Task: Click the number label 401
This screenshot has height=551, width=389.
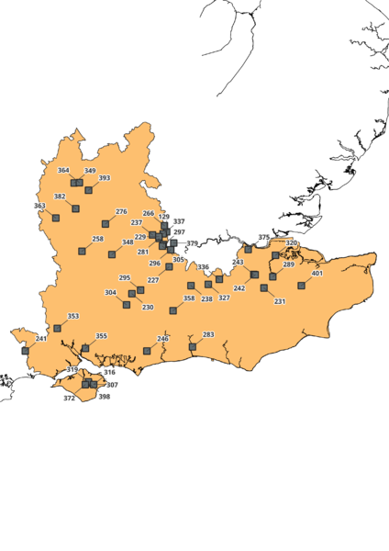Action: (317, 274)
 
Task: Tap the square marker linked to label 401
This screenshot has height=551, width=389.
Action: (301, 286)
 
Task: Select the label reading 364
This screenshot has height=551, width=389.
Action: (63, 171)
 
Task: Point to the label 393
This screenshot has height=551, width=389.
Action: (105, 178)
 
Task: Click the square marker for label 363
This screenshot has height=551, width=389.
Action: (56, 218)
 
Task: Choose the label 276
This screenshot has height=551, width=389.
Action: (121, 212)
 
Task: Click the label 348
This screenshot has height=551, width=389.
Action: (128, 242)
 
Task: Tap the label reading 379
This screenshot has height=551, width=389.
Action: (192, 243)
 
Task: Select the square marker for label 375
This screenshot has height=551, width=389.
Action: (248, 249)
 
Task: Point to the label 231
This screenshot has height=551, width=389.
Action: (280, 301)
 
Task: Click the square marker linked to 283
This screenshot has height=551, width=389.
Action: (192, 347)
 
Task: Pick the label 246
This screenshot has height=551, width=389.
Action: (163, 339)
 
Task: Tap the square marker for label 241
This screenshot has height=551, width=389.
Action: (25, 350)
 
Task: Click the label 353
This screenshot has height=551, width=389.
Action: (73, 316)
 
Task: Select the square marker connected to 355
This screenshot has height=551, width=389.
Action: (85, 348)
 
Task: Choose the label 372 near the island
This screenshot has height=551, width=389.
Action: (69, 399)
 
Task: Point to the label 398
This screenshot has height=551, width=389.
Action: (104, 397)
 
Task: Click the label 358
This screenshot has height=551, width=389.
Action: (189, 298)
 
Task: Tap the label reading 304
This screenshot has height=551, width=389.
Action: (110, 293)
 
